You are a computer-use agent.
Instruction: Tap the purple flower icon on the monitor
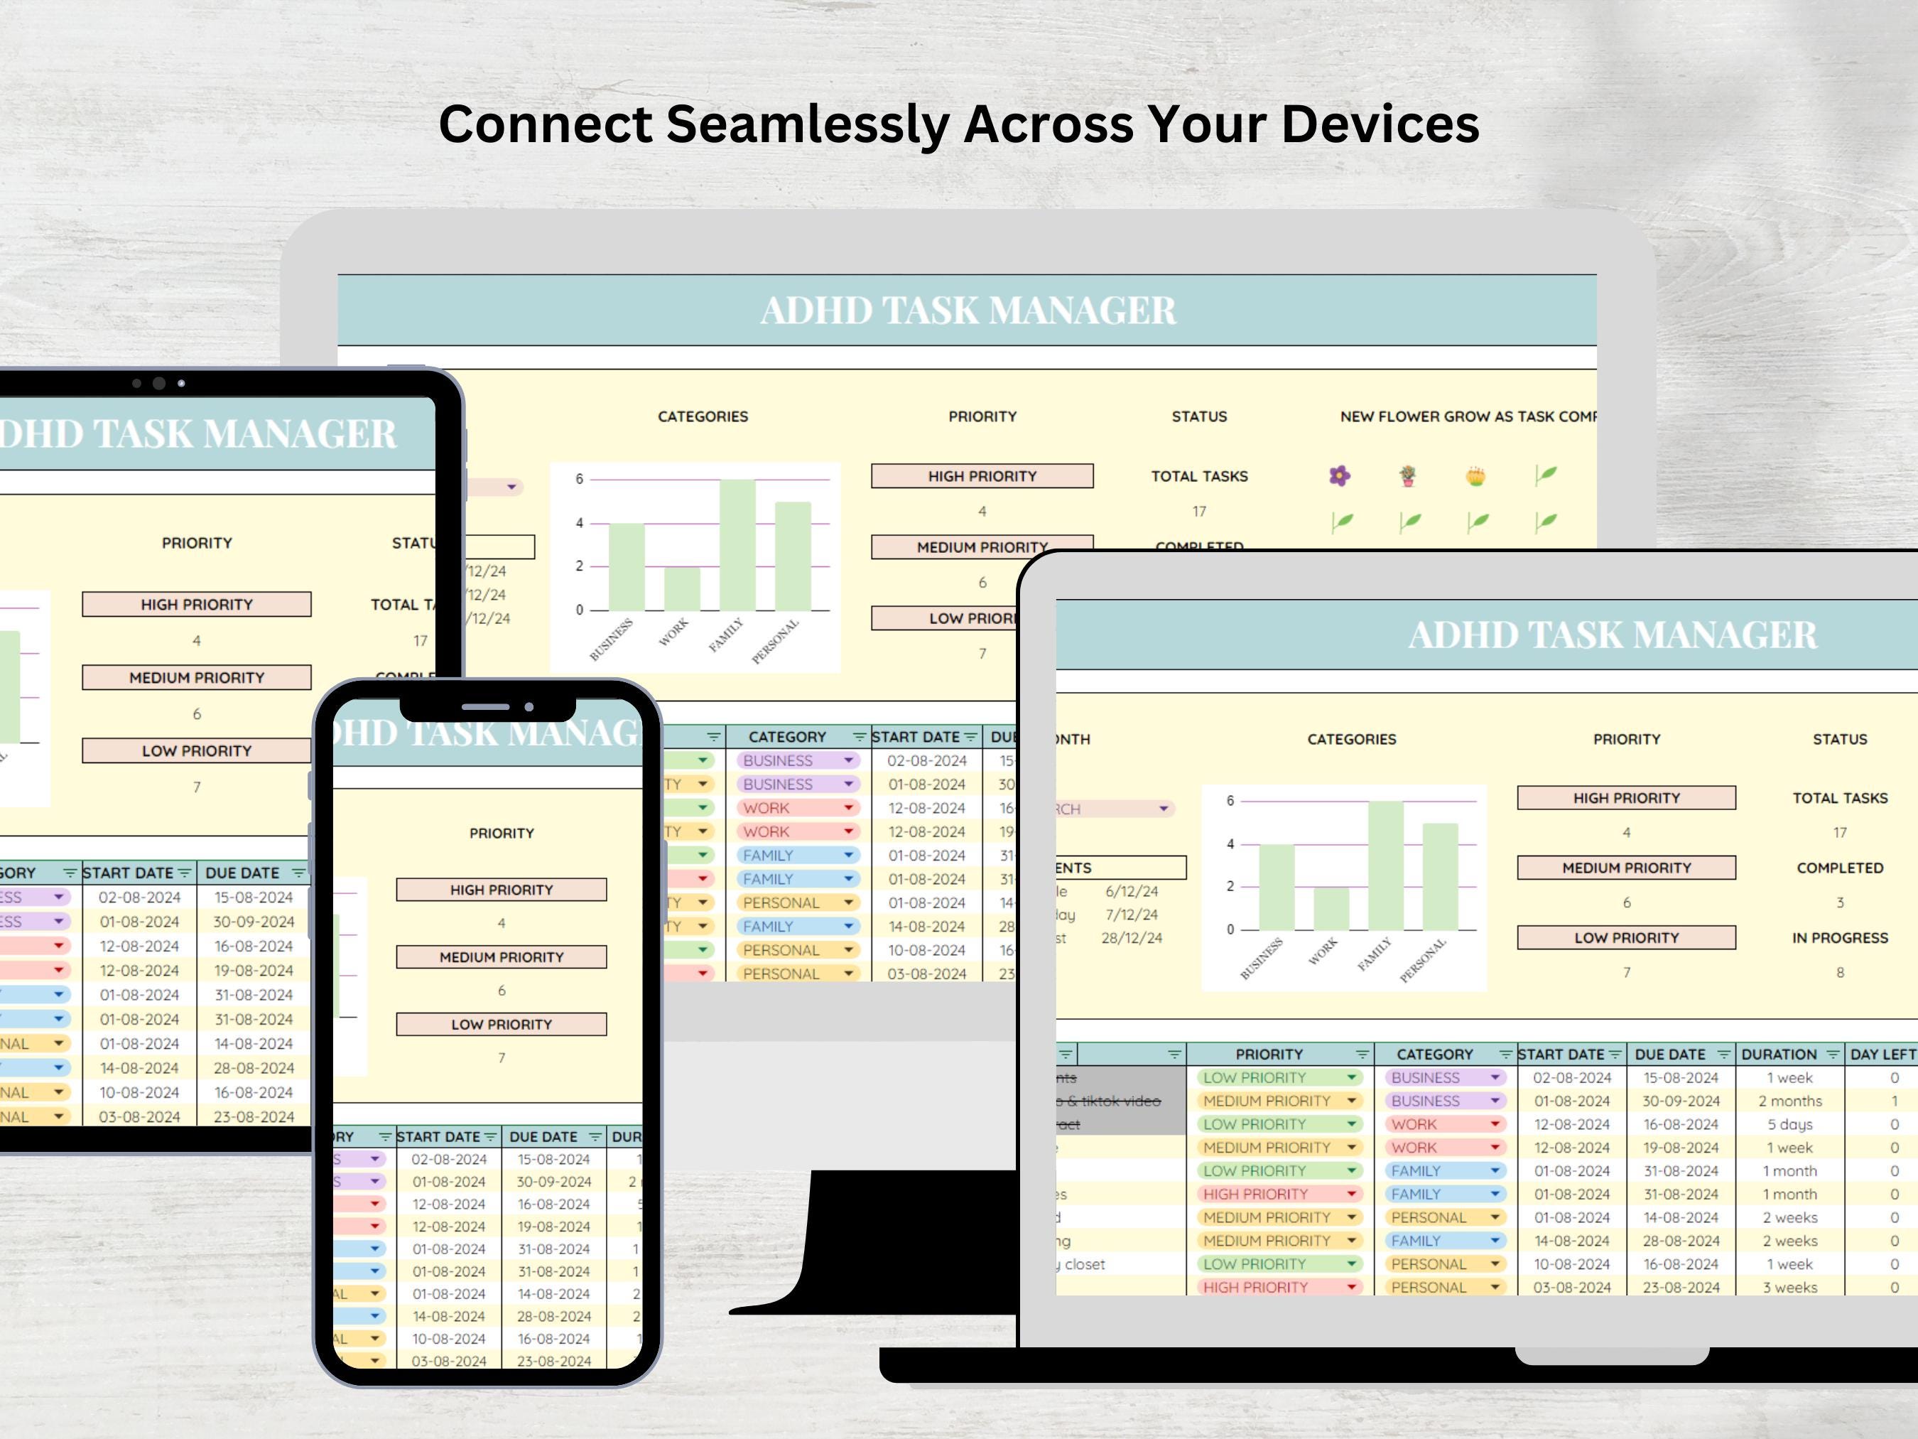(1340, 475)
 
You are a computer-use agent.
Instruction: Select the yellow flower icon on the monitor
(1475, 475)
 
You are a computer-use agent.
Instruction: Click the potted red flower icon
(1407, 475)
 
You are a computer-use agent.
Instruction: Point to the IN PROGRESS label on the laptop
(1840, 937)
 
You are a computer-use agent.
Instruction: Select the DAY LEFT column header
(1882, 1054)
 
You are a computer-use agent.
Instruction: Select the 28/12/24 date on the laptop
(1132, 937)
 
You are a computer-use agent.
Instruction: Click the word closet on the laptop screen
(1085, 1263)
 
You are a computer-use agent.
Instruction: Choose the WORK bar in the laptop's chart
(1331, 909)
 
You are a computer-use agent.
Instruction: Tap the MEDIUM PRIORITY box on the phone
(502, 956)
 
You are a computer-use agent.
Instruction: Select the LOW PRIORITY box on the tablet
(197, 750)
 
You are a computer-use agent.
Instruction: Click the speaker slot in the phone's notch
(486, 707)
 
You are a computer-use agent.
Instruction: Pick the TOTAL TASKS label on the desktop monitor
(1199, 476)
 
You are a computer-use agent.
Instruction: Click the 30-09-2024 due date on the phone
(553, 1181)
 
